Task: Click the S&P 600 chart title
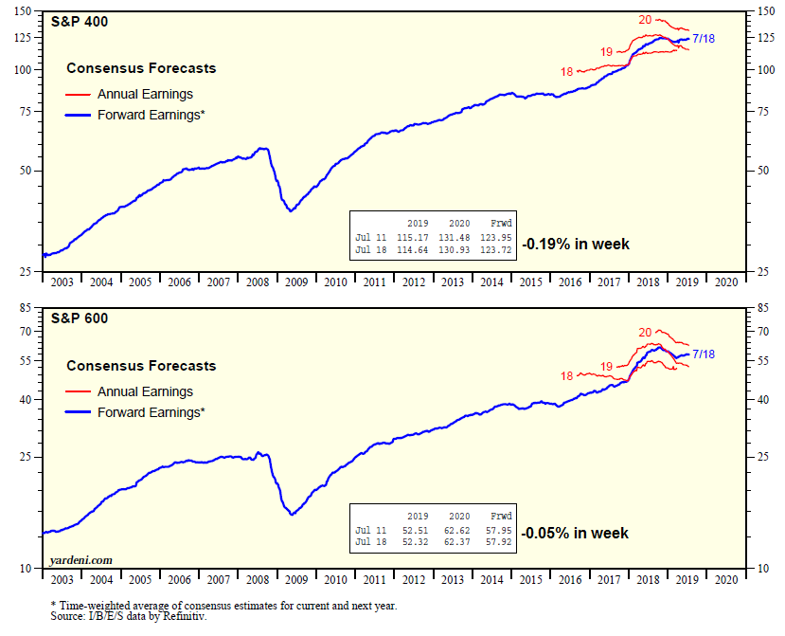[x=80, y=318]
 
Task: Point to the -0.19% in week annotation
[x=576, y=244]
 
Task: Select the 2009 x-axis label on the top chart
[x=296, y=282]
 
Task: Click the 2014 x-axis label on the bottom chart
[x=491, y=578]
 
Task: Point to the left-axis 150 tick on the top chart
[x=28, y=11]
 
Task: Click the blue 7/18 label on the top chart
[x=703, y=38]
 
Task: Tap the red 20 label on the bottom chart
[x=646, y=333]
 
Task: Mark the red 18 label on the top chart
[x=566, y=71]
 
